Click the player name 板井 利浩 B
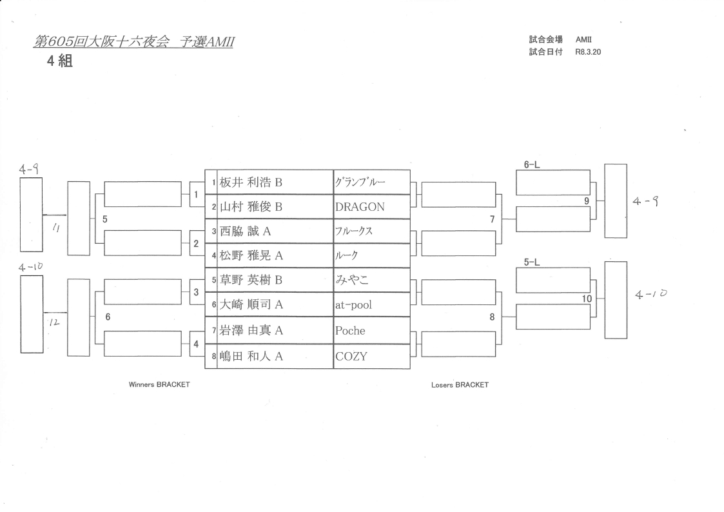pos(251,182)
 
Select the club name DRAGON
pos(359,207)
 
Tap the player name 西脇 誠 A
pos(245,231)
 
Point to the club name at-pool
pos(353,305)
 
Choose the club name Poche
pos(350,331)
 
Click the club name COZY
pos(351,356)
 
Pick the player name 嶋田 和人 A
pos(251,356)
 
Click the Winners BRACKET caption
pos(159,384)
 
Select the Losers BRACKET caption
pos(460,385)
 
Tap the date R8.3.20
pos(587,52)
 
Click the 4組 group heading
pos(59,63)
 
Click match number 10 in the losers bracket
pos(587,299)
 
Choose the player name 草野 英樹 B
pos(251,281)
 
